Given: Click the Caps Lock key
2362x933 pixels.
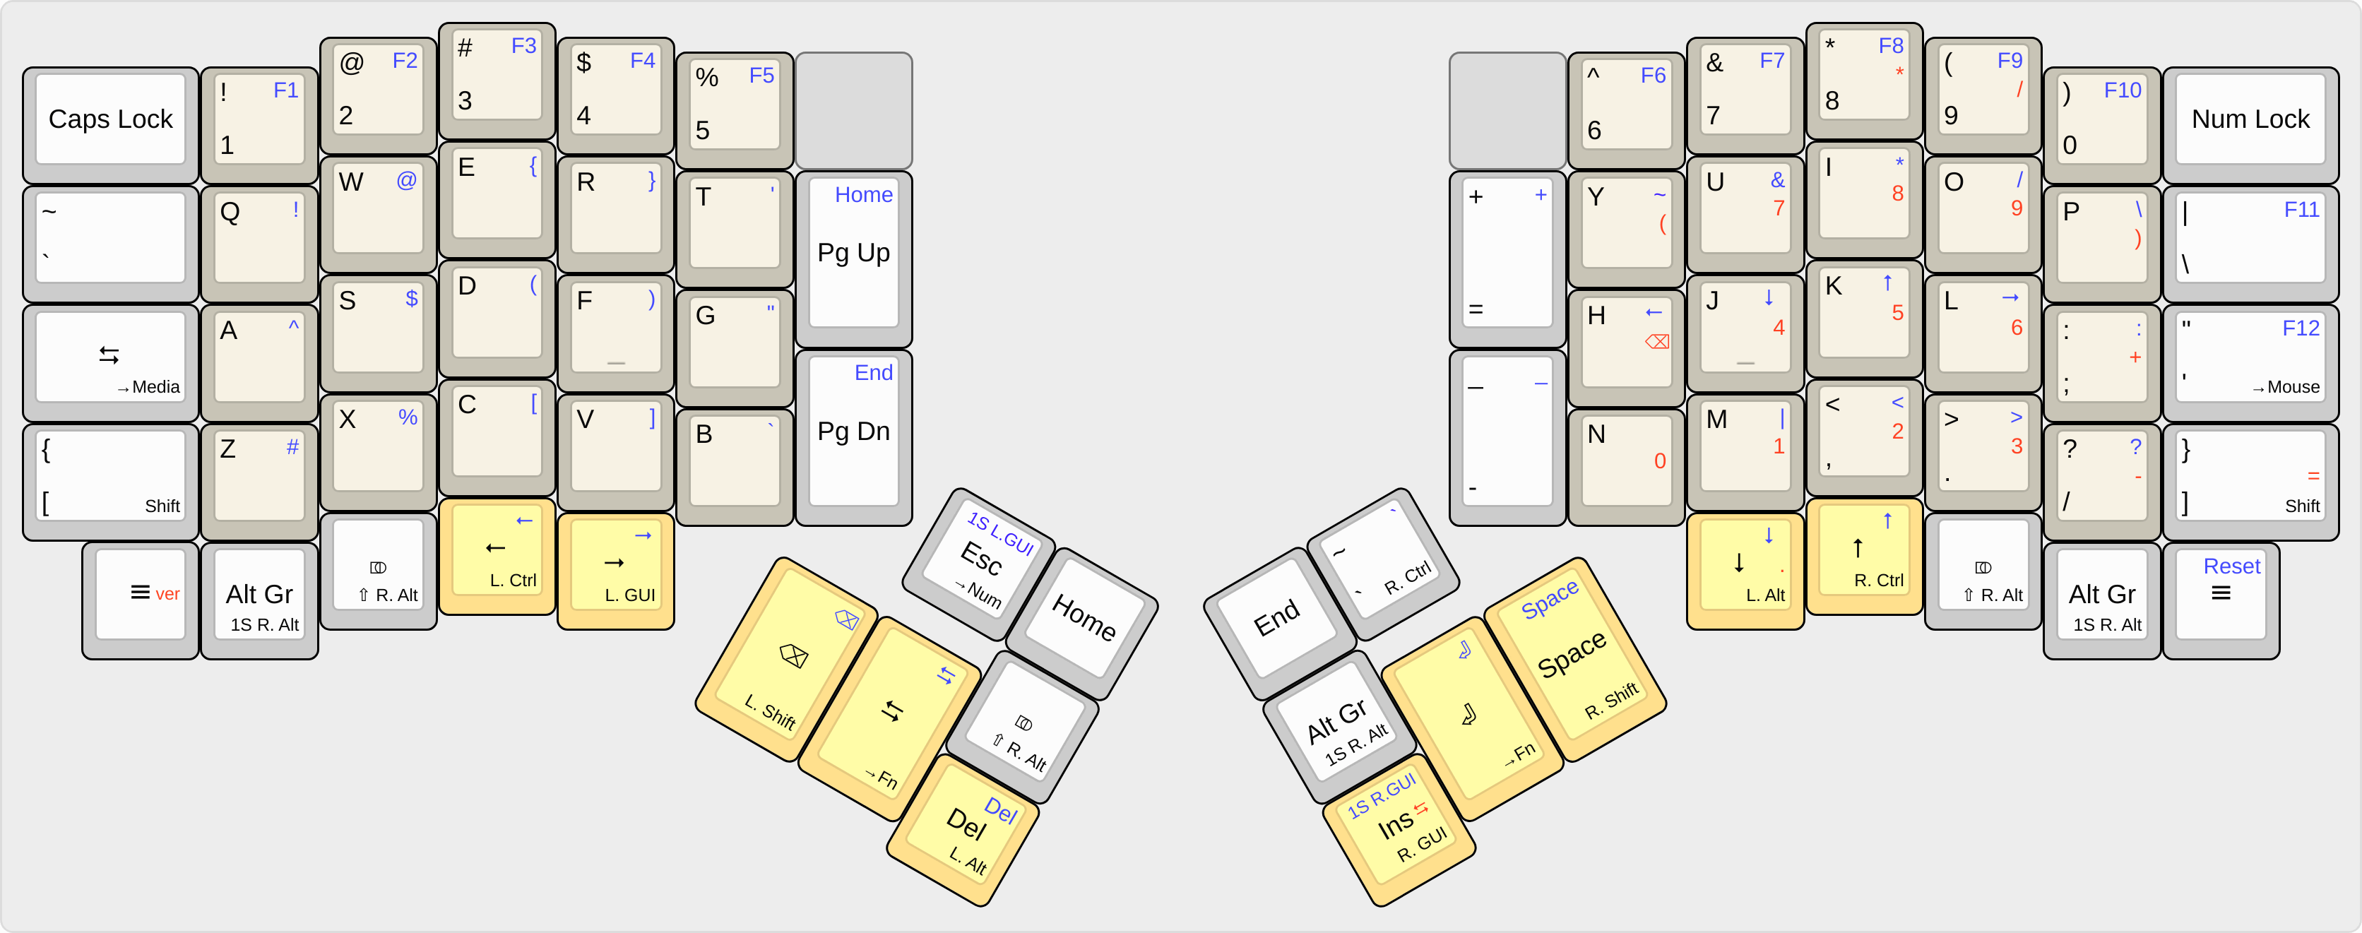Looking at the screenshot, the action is point(110,120).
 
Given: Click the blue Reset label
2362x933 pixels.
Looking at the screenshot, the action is point(2231,566).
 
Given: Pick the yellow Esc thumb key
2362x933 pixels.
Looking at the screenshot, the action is point(980,561).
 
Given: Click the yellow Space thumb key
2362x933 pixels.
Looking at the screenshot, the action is point(1572,655).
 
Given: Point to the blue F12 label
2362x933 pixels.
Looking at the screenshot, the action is point(2300,328).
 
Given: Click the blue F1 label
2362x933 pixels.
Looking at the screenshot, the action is point(285,90).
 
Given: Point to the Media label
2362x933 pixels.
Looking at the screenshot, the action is point(155,387).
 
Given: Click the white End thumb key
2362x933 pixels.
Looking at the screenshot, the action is point(1276,618).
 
